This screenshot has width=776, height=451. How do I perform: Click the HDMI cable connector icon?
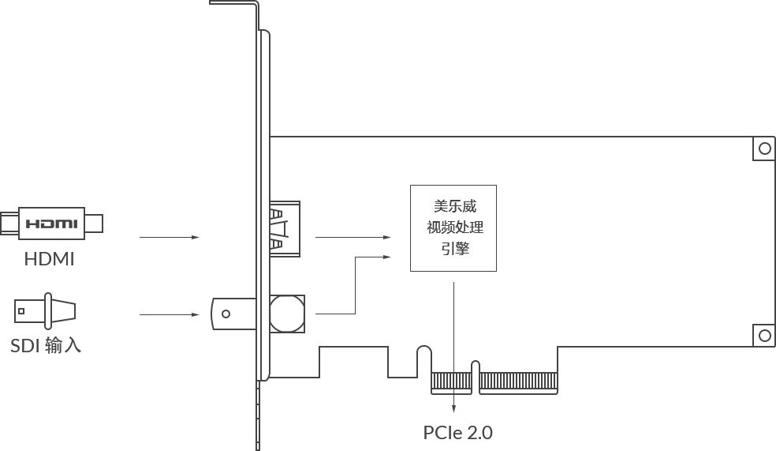(51, 223)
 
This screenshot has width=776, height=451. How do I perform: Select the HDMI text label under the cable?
(50, 259)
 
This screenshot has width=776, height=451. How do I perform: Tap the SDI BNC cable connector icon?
(45, 310)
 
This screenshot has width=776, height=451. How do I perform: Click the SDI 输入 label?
(46, 345)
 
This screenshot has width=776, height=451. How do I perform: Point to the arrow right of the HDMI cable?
(170, 238)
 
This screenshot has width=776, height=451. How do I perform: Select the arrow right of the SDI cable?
(170, 314)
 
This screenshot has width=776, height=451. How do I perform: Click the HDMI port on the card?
(285, 229)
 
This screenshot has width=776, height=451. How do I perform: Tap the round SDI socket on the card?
(287, 314)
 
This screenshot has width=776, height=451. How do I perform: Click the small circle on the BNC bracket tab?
(226, 314)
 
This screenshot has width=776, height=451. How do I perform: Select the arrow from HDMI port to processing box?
(353, 238)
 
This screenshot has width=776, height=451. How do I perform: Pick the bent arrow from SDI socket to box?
(356, 285)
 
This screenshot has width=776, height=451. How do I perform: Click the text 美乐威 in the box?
(455, 205)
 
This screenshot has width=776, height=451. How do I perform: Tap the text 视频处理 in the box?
(455, 227)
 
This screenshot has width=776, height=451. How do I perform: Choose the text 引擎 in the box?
(455, 248)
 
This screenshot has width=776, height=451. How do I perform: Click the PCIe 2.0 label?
(457, 433)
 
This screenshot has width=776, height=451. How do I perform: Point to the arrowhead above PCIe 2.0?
(453, 409)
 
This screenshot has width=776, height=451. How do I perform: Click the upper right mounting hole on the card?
(765, 148)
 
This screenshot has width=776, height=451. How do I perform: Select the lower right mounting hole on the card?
(765, 336)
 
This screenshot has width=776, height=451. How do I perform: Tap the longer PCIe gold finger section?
(518, 381)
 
